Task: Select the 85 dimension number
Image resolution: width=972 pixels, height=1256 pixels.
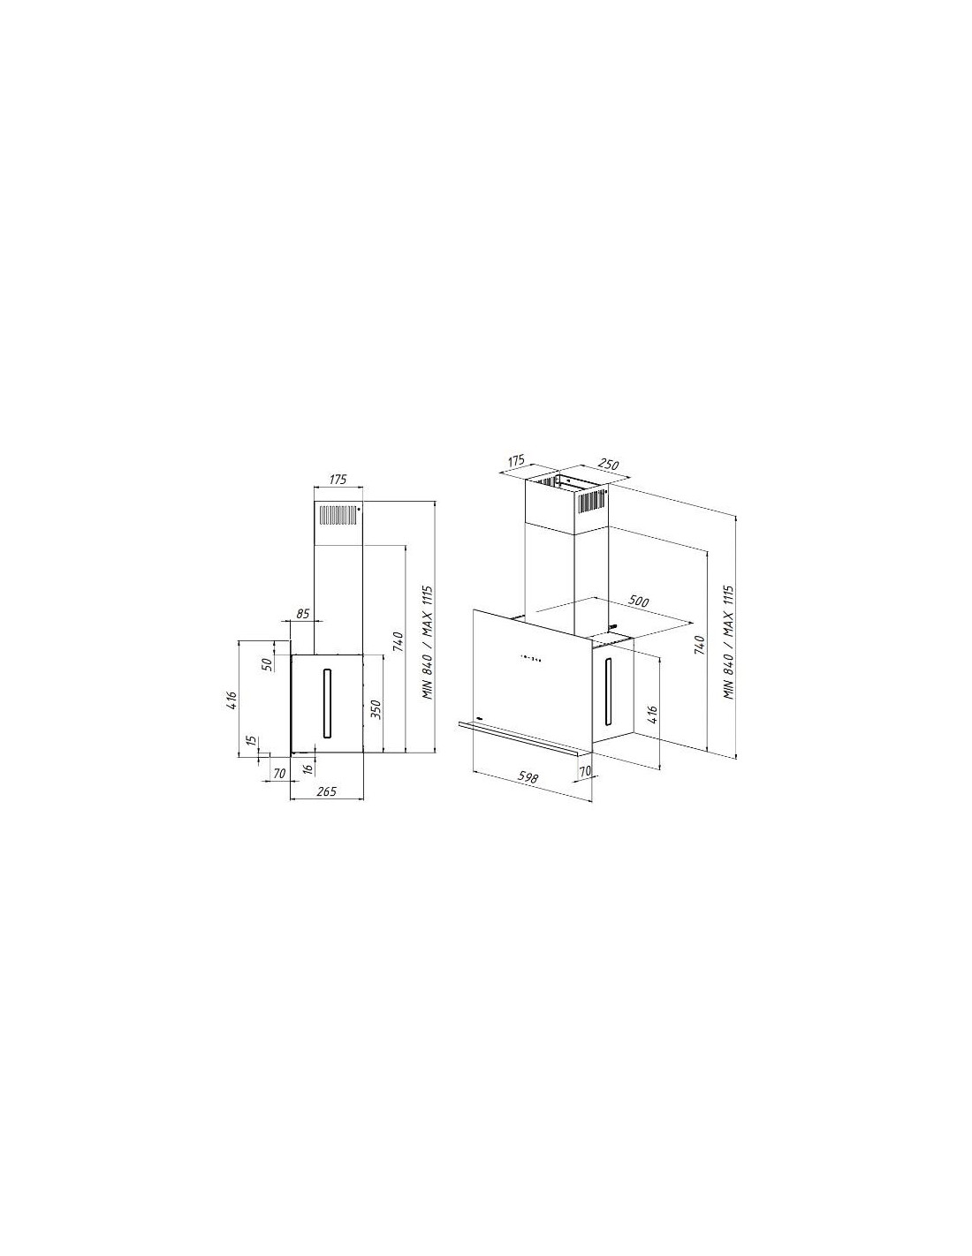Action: coord(303,614)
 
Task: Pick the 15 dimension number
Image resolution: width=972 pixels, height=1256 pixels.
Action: coord(250,740)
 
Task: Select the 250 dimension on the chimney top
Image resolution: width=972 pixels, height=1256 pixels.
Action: coord(609,465)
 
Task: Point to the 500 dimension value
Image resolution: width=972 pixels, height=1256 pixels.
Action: coord(638,602)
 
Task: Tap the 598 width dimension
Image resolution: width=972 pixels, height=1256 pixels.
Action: coord(528,777)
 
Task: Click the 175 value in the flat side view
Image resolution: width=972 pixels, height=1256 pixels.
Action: coord(338,479)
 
